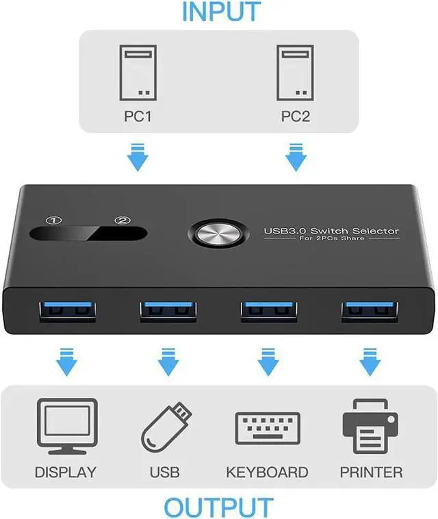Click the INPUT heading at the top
[221, 12]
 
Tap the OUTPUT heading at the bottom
[218, 507]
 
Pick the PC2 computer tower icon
[295, 72]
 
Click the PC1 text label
[138, 116]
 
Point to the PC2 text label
[295, 116]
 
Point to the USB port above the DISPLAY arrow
[66, 309]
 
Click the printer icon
[370, 426]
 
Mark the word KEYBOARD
[267, 472]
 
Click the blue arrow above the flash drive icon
[165, 362]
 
